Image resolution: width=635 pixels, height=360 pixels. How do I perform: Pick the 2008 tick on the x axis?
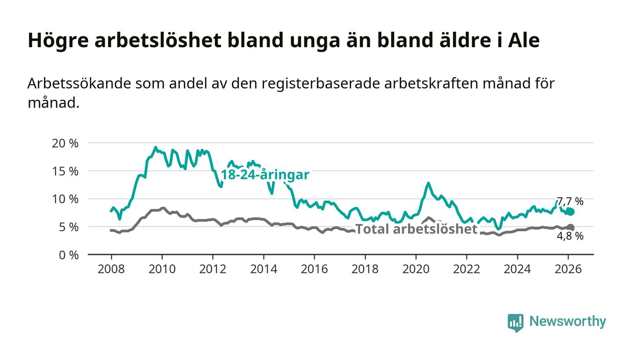(x=111, y=269)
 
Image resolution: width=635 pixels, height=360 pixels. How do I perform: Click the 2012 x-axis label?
(x=213, y=269)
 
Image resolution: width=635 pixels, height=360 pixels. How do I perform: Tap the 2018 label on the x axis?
(x=365, y=269)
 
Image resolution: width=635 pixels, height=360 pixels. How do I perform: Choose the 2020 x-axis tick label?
(x=416, y=269)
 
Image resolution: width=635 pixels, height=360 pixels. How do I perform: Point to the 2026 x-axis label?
(x=568, y=269)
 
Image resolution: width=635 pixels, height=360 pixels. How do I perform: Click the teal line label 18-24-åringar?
(x=265, y=175)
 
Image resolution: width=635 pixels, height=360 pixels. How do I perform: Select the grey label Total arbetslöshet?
(x=416, y=229)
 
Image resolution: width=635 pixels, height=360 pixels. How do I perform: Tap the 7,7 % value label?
(x=570, y=201)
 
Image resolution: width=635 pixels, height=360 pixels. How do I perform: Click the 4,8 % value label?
(x=570, y=236)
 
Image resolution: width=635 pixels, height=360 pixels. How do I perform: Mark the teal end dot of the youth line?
(x=571, y=212)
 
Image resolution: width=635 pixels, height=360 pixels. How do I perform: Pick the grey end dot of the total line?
(x=571, y=228)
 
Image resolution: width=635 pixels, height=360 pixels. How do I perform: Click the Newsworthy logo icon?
(x=515, y=322)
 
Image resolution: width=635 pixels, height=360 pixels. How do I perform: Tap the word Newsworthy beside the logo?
(x=567, y=321)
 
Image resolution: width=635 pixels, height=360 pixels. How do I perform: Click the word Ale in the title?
(x=524, y=40)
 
